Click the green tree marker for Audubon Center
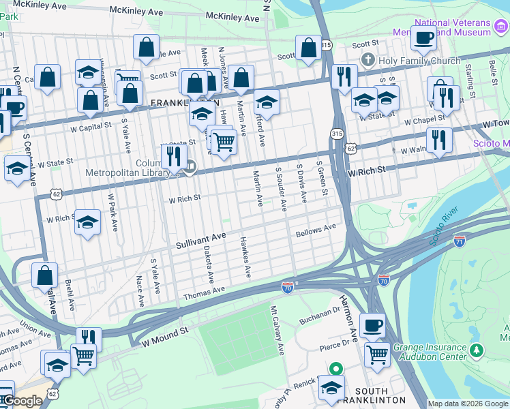pos(477,351)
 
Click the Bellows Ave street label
pos(316,230)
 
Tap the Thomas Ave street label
pos(204,292)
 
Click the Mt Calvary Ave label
pos(277,330)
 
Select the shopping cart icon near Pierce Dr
pos(377,353)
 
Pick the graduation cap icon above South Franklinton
pos(331,387)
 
